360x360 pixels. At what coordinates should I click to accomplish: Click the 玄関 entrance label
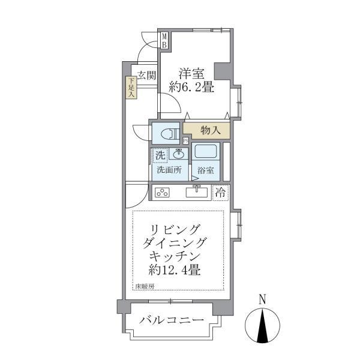click(146, 76)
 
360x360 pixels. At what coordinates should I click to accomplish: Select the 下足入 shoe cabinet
click(131, 88)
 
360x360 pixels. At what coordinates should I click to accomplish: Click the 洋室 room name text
click(191, 74)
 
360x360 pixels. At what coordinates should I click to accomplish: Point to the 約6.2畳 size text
click(191, 88)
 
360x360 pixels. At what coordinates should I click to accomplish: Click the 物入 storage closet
click(211, 129)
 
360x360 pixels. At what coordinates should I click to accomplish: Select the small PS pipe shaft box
click(186, 141)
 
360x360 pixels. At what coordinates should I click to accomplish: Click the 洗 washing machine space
click(160, 155)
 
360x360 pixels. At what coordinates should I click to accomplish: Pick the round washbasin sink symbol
click(179, 154)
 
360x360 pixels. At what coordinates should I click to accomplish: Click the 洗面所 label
click(169, 170)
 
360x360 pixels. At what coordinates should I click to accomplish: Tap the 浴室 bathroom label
click(205, 170)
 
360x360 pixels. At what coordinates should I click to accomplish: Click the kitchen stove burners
click(163, 193)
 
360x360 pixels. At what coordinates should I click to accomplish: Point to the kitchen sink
click(196, 192)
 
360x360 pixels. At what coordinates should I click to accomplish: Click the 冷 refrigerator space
click(221, 193)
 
